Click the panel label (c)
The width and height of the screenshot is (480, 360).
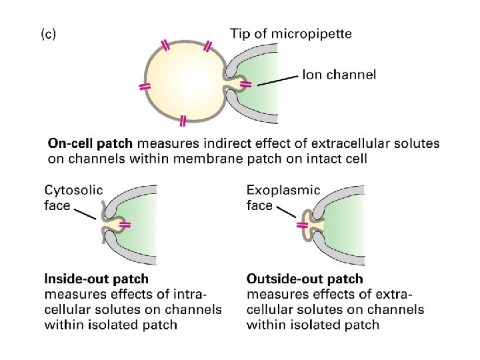[x=49, y=34]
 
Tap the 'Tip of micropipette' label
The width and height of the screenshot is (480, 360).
[x=291, y=33]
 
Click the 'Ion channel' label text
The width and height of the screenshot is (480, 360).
[x=339, y=75]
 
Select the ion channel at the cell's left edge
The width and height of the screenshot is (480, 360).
[x=145, y=87]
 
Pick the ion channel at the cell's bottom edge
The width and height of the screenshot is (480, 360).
[x=183, y=121]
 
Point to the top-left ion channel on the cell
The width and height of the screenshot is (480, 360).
[x=165, y=45]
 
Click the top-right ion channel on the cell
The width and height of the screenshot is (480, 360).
[x=208, y=46]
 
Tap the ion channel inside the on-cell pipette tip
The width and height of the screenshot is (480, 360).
[x=245, y=84]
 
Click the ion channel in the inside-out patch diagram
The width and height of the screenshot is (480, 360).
[x=125, y=225]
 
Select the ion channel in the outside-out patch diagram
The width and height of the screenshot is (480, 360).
[x=302, y=225]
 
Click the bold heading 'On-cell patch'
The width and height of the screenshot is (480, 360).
[x=90, y=143]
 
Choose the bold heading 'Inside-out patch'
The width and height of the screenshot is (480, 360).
[x=97, y=279]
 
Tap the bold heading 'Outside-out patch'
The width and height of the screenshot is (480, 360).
[x=305, y=279]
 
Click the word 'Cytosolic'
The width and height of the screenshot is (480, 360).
[x=73, y=191]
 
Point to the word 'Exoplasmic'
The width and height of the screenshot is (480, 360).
[x=283, y=191]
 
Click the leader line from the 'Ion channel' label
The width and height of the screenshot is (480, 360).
[x=277, y=81]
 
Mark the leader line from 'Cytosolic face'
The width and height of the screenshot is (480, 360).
[x=85, y=214]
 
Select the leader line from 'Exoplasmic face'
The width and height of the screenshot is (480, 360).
[x=287, y=212]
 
